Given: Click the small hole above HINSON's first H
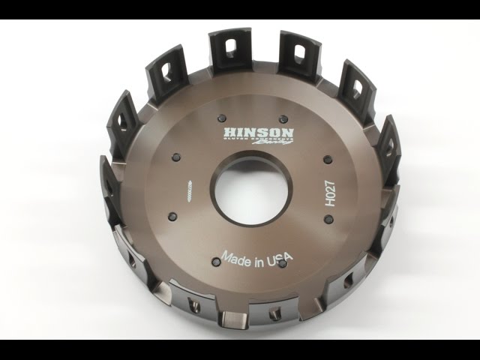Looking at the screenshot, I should coord(222,116).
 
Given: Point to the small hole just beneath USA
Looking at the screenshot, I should coord(279,269).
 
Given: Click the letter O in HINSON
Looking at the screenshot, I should coord(274,132).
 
